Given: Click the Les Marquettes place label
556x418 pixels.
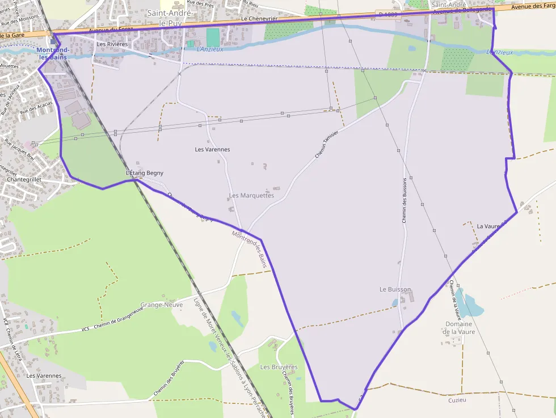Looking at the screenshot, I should pyautogui.click(x=251, y=196).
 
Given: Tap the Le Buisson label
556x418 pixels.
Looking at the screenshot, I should pyautogui.click(x=395, y=289).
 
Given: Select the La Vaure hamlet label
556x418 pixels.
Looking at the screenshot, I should pyautogui.click(x=488, y=226).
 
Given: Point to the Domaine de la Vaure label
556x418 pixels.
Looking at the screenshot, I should pyautogui.click(x=458, y=328).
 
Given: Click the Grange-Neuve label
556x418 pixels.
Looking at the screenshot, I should pyautogui.click(x=162, y=305).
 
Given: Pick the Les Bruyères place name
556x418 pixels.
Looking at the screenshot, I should pyautogui.click(x=279, y=367).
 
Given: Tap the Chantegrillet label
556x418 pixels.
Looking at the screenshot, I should pyautogui.click(x=24, y=179).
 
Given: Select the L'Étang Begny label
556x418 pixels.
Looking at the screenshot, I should pyautogui.click(x=145, y=173).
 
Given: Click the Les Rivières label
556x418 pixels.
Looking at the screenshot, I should pyautogui.click(x=112, y=44).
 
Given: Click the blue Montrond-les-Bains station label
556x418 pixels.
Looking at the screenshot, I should pyautogui.click(x=53, y=53).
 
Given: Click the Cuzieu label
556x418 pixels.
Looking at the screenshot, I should pyautogui.click(x=457, y=400).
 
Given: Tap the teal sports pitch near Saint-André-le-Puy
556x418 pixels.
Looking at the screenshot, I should pyautogui.click(x=213, y=37).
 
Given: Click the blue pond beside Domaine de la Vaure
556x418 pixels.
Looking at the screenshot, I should pyautogui.click(x=470, y=306).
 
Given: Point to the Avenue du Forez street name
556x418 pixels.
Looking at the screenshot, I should pyautogui.click(x=111, y=29).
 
